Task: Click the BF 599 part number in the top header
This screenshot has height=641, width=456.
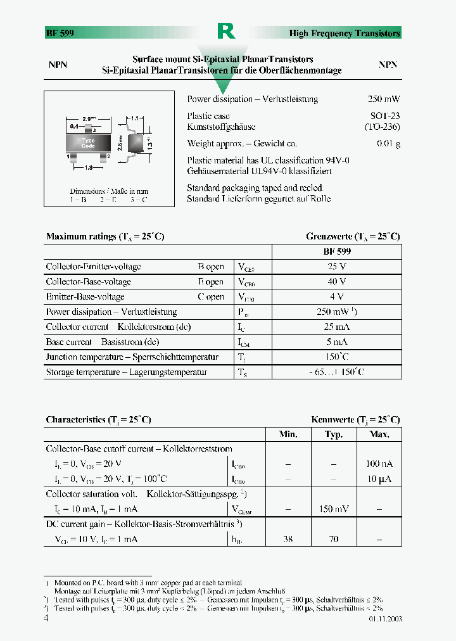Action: point(60,33)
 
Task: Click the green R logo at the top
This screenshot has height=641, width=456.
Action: point(226,31)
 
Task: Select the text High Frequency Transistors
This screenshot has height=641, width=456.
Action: point(345,33)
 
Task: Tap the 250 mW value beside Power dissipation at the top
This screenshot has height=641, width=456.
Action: point(384,99)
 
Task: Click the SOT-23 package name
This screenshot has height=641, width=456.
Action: point(385,116)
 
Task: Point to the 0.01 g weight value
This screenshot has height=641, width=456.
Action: point(388,144)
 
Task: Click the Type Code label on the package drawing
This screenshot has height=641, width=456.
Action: point(89,143)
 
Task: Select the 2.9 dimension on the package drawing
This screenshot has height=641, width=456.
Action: point(89,118)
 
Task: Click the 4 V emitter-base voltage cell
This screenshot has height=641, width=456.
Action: point(336,297)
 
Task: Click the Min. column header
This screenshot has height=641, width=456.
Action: point(288,435)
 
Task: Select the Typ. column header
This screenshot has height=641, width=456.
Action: point(333,435)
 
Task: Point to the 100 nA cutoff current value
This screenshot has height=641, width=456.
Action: point(379,464)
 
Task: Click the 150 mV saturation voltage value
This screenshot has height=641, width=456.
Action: point(333,509)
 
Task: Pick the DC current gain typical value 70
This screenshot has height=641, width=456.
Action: point(333,540)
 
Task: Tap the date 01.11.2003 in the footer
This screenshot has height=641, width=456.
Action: point(384,619)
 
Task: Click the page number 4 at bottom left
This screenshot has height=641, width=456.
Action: point(46,618)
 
